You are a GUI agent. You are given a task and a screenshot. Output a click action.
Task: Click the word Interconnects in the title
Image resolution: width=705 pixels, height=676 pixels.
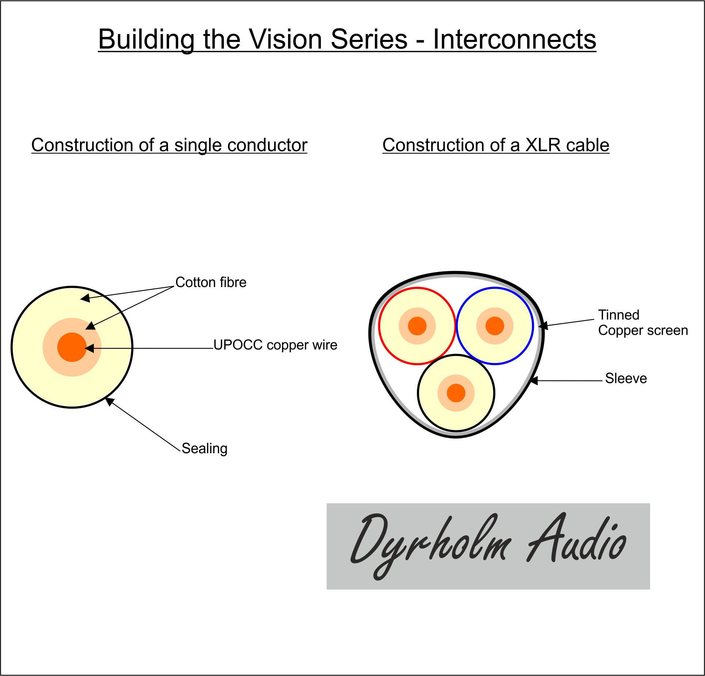[514, 39]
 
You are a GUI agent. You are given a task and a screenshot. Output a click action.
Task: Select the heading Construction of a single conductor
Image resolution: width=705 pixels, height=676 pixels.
[169, 145]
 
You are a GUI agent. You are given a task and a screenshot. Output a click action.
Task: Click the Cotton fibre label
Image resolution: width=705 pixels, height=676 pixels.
[211, 282]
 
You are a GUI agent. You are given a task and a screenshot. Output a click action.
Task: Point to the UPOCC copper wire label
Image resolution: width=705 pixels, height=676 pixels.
[275, 345]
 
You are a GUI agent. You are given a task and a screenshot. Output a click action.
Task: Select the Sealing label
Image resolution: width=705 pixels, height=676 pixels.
[204, 448]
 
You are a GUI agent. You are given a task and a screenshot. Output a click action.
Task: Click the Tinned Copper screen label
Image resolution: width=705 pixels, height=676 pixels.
[643, 322]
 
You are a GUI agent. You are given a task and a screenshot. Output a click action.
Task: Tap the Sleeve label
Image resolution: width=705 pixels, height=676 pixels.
[626, 378]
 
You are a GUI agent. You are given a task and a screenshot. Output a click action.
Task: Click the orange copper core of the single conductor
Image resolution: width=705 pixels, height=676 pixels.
[72, 347]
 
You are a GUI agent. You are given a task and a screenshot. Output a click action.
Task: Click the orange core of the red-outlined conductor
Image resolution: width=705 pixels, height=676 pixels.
[417, 326]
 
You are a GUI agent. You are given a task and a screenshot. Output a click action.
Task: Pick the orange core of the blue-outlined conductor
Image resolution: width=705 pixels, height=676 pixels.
[495, 326]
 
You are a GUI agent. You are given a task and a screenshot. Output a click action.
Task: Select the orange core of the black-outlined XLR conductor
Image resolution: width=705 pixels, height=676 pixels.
[456, 393]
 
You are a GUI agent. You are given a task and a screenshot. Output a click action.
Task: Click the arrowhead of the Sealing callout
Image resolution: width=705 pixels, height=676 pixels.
[109, 401]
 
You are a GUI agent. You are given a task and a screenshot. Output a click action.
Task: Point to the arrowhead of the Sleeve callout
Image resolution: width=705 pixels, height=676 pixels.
[534, 381]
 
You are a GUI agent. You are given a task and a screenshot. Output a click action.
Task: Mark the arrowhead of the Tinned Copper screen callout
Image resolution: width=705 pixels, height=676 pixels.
[543, 325]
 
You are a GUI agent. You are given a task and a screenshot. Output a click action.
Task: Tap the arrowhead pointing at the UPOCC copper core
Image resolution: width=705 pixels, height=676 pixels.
[89, 348]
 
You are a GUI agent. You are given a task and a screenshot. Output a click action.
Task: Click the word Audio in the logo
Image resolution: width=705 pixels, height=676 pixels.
[576, 539]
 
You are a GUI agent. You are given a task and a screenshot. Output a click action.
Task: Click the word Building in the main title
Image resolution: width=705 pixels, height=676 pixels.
[146, 40]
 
